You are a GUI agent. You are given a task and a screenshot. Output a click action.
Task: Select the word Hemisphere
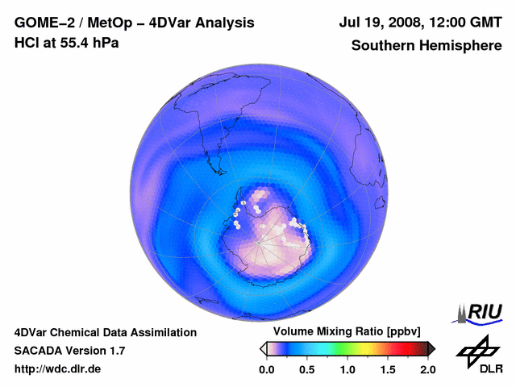tap(461, 45)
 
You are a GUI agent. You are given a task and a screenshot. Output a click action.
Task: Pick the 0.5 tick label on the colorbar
tap(307, 369)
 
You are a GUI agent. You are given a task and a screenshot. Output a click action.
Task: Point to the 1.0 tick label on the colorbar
tap(347, 369)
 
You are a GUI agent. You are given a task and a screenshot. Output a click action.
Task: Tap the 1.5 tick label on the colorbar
tap(388, 369)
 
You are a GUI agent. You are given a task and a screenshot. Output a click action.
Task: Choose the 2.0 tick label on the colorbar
tap(427, 369)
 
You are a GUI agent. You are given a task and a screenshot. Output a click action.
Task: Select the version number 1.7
tap(115, 351)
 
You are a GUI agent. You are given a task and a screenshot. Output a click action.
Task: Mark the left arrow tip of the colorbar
tap(261, 348)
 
